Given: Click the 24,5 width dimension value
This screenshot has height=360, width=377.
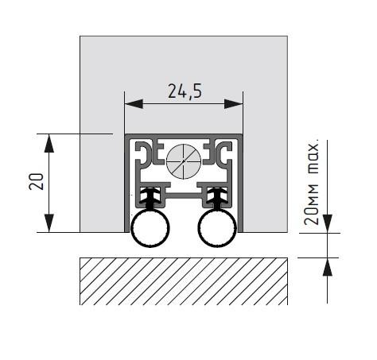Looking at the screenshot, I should tap(185, 91).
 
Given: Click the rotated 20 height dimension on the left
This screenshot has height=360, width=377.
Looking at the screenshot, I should tap(36, 183).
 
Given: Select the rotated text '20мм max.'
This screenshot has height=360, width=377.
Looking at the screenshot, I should tap(313, 183).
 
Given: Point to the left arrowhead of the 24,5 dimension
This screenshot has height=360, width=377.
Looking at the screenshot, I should tap(130, 103).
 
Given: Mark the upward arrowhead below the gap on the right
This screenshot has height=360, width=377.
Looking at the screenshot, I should tap(327, 264).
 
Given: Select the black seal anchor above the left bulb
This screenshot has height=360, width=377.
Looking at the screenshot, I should tap(150, 195).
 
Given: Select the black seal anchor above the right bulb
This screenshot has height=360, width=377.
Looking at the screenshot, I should tap(216, 195).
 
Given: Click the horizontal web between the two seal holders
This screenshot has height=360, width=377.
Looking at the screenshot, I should tap(183, 191).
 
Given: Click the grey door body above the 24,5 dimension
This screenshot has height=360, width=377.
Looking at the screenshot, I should tap(183, 60).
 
